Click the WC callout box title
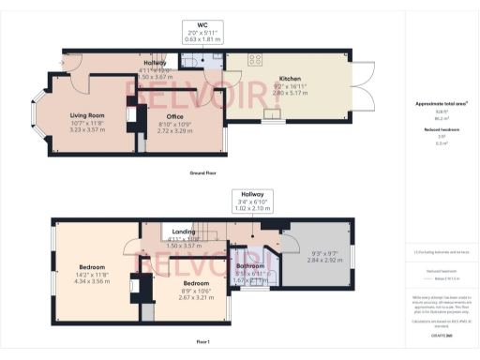pyautogui.click(x=202, y=24)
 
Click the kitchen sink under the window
pyautogui.click(x=273, y=117)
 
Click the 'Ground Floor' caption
pyautogui.click(x=203, y=173)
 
